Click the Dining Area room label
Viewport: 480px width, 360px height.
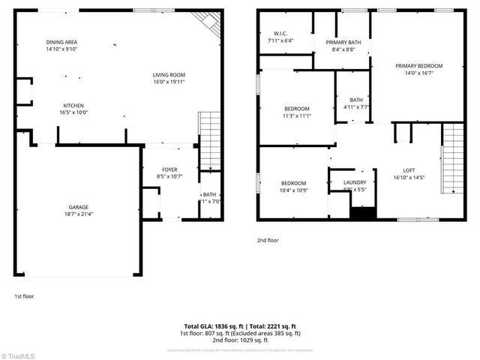(x=61, y=42)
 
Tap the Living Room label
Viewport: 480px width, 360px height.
(x=169, y=75)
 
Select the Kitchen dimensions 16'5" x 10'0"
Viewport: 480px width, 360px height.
(x=73, y=112)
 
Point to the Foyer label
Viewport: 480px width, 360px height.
(x=169, y=170)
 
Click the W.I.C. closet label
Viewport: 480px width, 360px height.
(x=280, y=33)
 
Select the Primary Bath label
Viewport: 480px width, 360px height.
(x=343, y=43)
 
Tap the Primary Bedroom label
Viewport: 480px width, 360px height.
(x=418, y=66)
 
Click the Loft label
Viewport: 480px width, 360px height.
(x=408, y=170)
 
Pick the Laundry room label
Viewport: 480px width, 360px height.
(x=355, y=182)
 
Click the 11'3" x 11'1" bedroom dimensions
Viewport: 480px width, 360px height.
(x=297, y=115)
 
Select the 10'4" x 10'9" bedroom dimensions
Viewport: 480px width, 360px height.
(x=293, y=190)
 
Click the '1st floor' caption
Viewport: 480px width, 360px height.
(x=24, y=296)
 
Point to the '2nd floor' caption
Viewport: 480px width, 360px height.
(x=268, y=241)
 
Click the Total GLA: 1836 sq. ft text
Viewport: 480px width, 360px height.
(x=214, y=326)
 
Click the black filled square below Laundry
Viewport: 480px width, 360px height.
(x=362, y=214)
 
